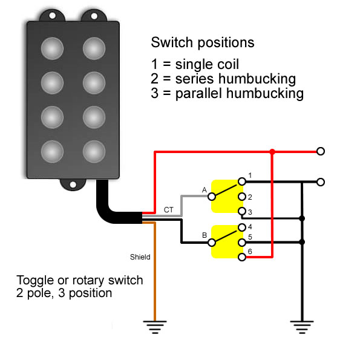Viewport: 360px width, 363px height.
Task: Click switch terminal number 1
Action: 241,181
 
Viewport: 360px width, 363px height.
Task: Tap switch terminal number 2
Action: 241,197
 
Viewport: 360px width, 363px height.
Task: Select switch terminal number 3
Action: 241,211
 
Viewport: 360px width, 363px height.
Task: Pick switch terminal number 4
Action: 241,227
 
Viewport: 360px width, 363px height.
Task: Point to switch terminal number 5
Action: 241,243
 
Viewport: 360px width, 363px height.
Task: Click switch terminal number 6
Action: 241,257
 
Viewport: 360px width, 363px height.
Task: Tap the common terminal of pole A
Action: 212,197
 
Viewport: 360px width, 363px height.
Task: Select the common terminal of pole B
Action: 212,243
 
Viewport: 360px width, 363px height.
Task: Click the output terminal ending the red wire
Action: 321,151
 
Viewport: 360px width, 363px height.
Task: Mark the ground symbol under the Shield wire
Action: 155,327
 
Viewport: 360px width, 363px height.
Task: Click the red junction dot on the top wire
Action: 272,152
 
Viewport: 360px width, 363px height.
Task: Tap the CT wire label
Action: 168,210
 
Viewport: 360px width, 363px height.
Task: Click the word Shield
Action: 140,257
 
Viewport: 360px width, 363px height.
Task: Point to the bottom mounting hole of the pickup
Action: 73,185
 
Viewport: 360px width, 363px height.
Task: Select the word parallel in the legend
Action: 197,94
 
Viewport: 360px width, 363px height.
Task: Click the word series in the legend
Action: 194,79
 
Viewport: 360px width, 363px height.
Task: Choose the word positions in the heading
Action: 226,43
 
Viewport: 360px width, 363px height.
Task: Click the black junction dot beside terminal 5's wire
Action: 302,242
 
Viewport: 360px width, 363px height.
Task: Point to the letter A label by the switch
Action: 204,190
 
